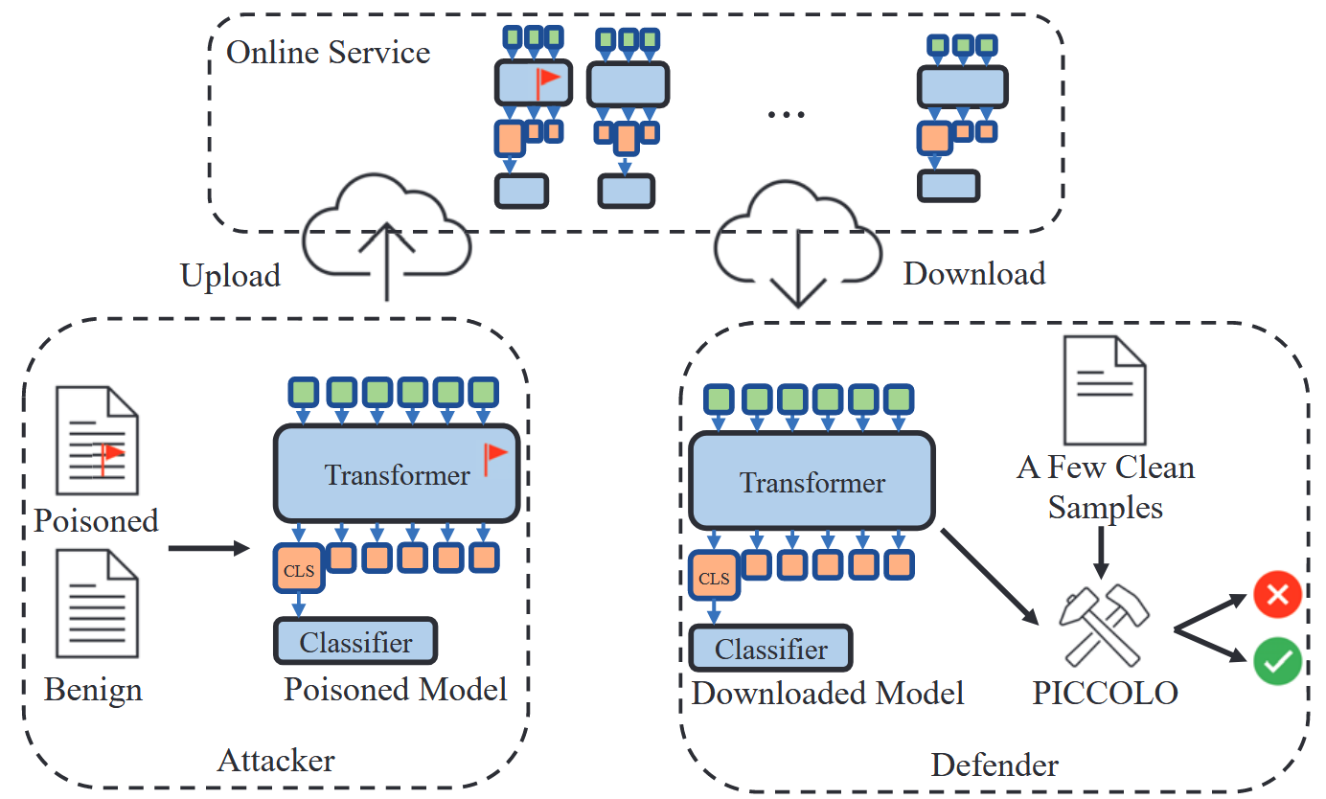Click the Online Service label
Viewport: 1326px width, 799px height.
328,52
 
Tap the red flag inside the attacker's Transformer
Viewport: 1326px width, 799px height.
494,459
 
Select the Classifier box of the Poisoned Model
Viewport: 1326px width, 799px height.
355,642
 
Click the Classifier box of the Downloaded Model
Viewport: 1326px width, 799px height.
771,649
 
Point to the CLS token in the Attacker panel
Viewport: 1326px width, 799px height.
298,570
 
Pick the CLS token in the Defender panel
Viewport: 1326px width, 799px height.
714,578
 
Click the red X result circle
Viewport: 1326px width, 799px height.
1277,596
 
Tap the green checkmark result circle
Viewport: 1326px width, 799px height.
1277,662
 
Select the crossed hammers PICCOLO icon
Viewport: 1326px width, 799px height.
1103,626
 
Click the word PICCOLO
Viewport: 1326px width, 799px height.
1105,693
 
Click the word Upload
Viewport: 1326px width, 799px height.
231,276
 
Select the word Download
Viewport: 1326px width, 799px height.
973,274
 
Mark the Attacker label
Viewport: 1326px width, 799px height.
276,762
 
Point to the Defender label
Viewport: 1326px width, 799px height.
994,765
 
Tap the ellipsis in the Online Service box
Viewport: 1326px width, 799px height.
787,114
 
